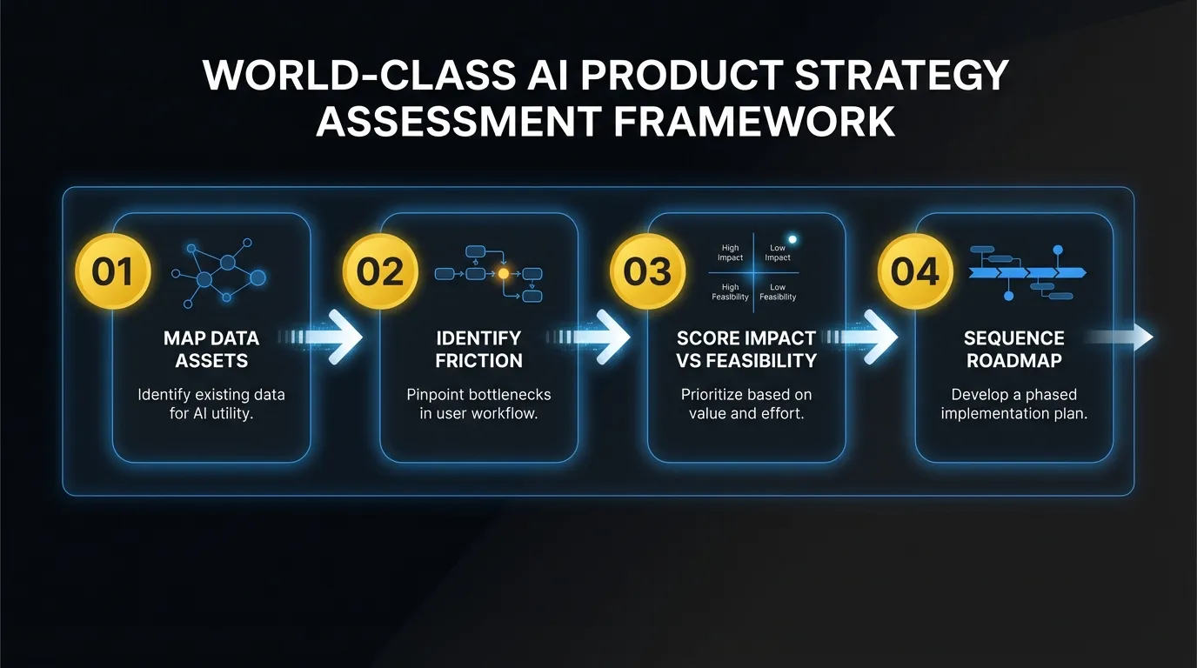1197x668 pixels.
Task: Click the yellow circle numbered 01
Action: [114, 272]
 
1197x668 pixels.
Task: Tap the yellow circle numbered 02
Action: [380, 272]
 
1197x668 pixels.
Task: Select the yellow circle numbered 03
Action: [648, 272]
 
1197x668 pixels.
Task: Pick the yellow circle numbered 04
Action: [915, 272]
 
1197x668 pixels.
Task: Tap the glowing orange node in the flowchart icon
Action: [503, 273]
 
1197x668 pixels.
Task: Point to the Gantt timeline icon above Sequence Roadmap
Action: [1026, 272]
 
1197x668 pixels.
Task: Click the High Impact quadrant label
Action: [730, 253]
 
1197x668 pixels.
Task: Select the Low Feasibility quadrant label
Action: [778, 292]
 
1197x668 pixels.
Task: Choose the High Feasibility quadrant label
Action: [730, 292]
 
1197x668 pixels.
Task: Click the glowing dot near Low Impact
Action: [792, 239]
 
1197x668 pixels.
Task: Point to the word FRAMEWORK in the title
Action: [754, 121]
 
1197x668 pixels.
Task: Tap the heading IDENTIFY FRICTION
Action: [478, 349]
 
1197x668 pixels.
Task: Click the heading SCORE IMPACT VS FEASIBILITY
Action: [746, 349]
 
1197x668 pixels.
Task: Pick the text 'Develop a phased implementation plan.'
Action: [1013, 404]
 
